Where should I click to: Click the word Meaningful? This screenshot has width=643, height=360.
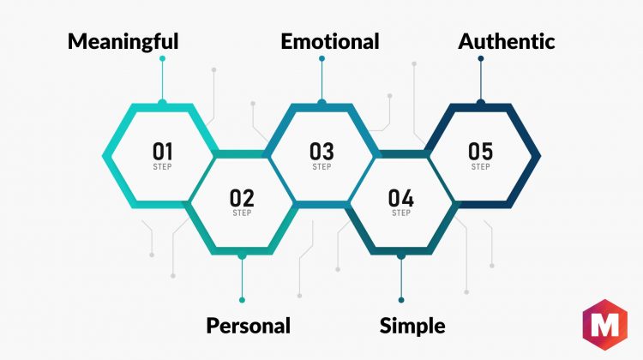tap(123, 42)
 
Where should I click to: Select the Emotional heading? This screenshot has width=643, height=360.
tap(330, 41)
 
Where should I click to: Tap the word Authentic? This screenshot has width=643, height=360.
tap(507, 41)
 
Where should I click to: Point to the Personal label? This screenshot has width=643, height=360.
tap(248, 326)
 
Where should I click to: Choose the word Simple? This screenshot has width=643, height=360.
tap(412, 326)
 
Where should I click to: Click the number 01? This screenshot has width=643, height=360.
tap(162, 152)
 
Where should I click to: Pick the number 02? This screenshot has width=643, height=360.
tap(242, 198)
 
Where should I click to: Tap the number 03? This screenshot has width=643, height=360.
tap(321, 152)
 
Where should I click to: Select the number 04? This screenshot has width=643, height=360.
tap(400, 198)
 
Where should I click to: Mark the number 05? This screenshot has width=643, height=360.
tap(480, 152)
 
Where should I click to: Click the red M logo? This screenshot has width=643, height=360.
tap(605, 325)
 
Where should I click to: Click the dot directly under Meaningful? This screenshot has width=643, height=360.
tap(162, 58)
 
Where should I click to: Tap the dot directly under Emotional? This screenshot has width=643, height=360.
tap(321, 58)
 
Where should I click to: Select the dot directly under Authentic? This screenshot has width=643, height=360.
tap(481, 58)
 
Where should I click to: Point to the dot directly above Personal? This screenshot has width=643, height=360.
tap(242, 300)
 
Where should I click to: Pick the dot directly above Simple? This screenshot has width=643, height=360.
tap(401, 300)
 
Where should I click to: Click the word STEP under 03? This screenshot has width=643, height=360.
tap(321, 167)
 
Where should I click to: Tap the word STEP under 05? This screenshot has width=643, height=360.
tap(481, 167)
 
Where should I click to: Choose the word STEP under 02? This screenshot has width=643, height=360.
tap(242, 213)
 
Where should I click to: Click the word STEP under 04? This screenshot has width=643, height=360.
tap(401, 213)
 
